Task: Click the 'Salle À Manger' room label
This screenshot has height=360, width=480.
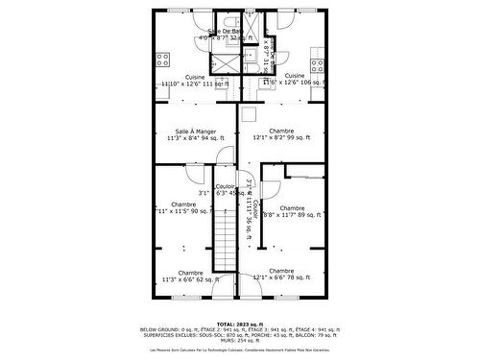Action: tap(195, 131)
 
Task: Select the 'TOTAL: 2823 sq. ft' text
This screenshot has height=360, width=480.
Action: tap(239, 324)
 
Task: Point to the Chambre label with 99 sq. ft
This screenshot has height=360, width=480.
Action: tap(281, 131)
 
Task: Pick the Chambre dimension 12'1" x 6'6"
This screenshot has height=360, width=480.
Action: tap(281, 279)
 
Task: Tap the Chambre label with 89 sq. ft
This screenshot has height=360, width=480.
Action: tap(293, 208)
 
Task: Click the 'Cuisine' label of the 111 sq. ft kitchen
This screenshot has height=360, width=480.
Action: tap(195, 76)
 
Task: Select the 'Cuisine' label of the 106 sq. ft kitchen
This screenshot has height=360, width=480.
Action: tap(295, 76)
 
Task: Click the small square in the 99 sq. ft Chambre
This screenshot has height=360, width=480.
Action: tap(247, 116)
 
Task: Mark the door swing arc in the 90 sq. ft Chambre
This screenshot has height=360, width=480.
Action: tap(195, 174)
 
